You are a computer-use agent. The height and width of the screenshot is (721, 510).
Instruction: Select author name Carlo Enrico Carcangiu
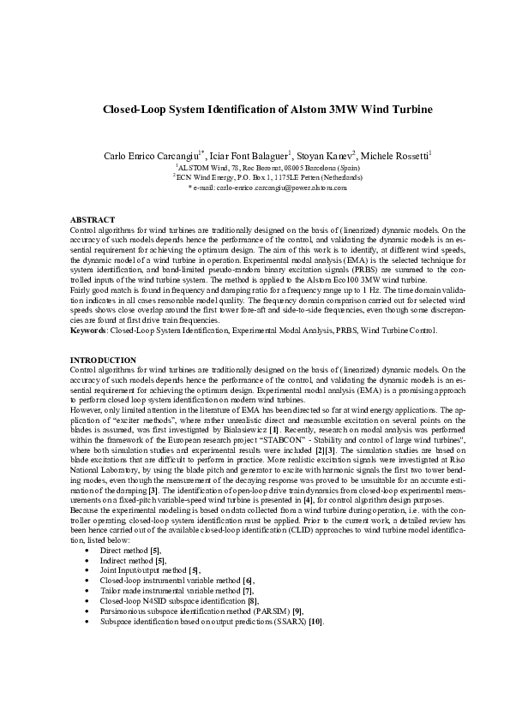(x=150, y=156)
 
